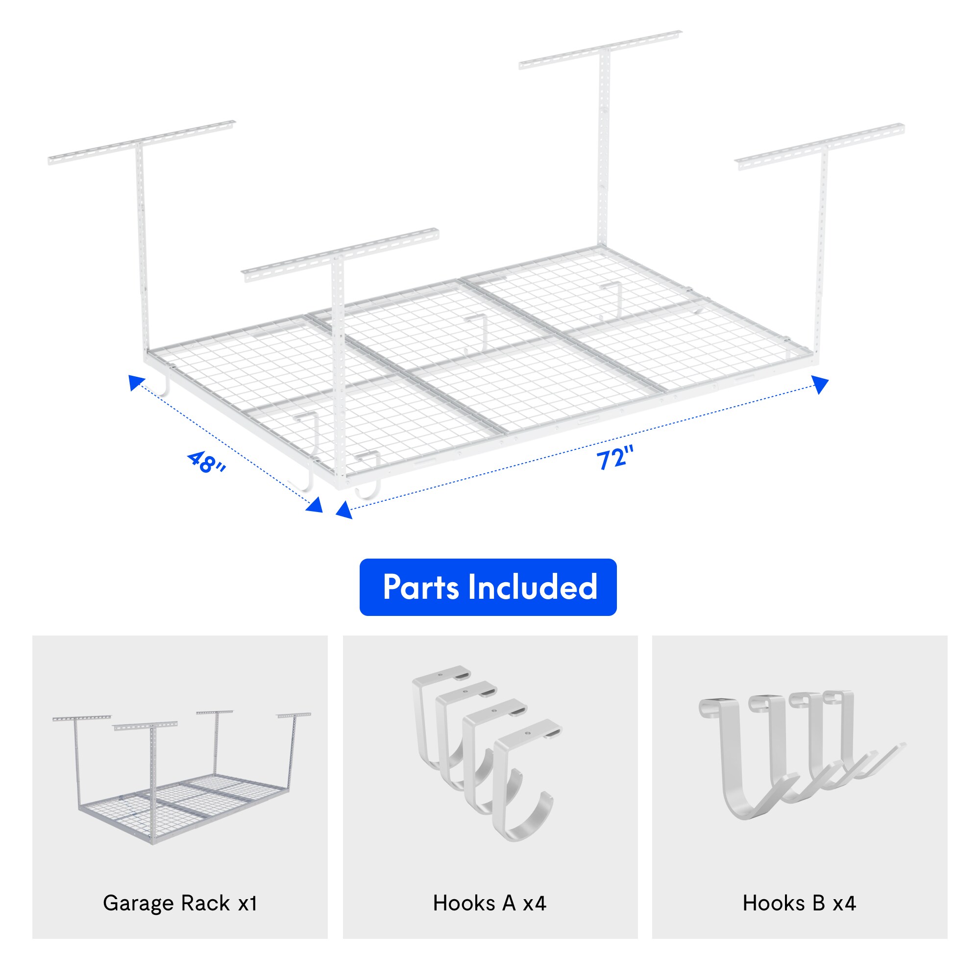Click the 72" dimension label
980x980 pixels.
coord(615,458)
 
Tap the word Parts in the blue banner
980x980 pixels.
coord(420,588)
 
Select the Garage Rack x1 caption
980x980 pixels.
coord(180,904)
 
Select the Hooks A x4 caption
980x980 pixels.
coord(490,904)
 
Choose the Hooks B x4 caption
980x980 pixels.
coord(799,904)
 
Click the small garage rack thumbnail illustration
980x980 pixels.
coord(180,776)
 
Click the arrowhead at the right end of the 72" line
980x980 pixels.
coord(821,384)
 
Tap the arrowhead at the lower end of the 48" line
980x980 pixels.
coord(316,505)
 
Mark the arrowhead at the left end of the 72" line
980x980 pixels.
coord(343,510)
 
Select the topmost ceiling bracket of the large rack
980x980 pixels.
coord(601,49)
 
